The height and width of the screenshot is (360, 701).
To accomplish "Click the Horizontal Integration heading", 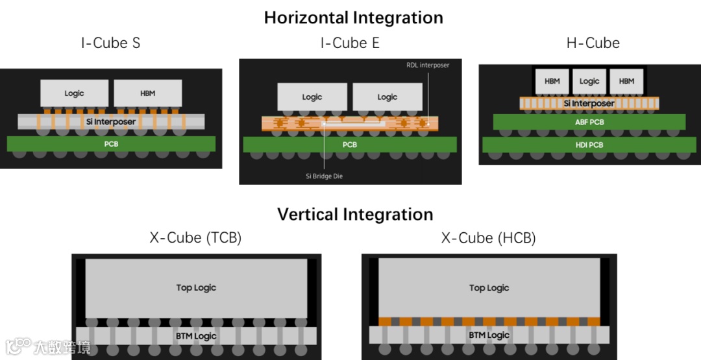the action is tap(353, 18).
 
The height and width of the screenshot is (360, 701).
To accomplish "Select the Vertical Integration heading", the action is tap(355, 214).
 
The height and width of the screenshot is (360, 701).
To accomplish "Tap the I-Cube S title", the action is tap(110, 43).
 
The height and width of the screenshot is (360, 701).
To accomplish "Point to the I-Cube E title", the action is tap(350, 43).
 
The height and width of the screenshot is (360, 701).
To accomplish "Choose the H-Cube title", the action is tap(593, 43).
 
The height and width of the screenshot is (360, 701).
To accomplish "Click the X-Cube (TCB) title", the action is tap(195, 238).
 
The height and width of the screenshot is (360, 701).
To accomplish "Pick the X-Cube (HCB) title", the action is tap(488, 238).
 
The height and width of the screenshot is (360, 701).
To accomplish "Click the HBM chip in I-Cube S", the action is tap(148, 93).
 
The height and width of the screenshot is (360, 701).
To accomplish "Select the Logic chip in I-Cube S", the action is tap(74, 93).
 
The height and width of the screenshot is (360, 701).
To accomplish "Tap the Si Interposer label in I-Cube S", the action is tap(111, 122).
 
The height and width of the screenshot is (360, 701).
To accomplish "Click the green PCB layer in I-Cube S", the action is tap(111, 144).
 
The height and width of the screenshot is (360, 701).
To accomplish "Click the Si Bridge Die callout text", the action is tap(324, 176).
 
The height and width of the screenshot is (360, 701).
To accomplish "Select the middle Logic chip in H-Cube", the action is tap(589, 81).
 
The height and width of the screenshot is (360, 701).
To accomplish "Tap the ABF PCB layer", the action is tap(589, 122).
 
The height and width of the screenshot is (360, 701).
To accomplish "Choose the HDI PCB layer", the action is tap(589, 145).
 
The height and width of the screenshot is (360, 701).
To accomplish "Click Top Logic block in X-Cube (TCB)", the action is tap(196, 287).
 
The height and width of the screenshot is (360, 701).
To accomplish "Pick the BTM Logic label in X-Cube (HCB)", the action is tap(489, 335).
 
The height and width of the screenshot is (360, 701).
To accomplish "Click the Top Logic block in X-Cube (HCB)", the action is tap(489, 287).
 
